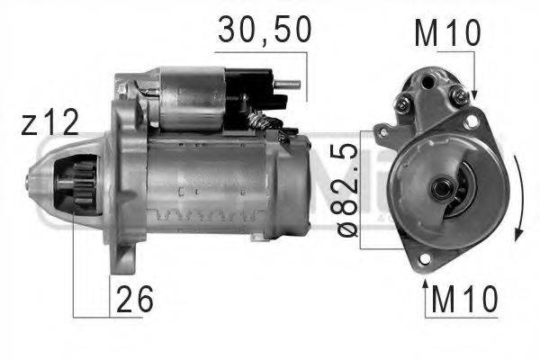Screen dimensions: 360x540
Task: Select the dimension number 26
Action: click(x=132, y=297)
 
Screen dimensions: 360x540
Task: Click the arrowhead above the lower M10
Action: click(x=425, y=284)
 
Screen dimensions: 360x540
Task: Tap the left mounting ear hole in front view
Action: click(x=385, y=132)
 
